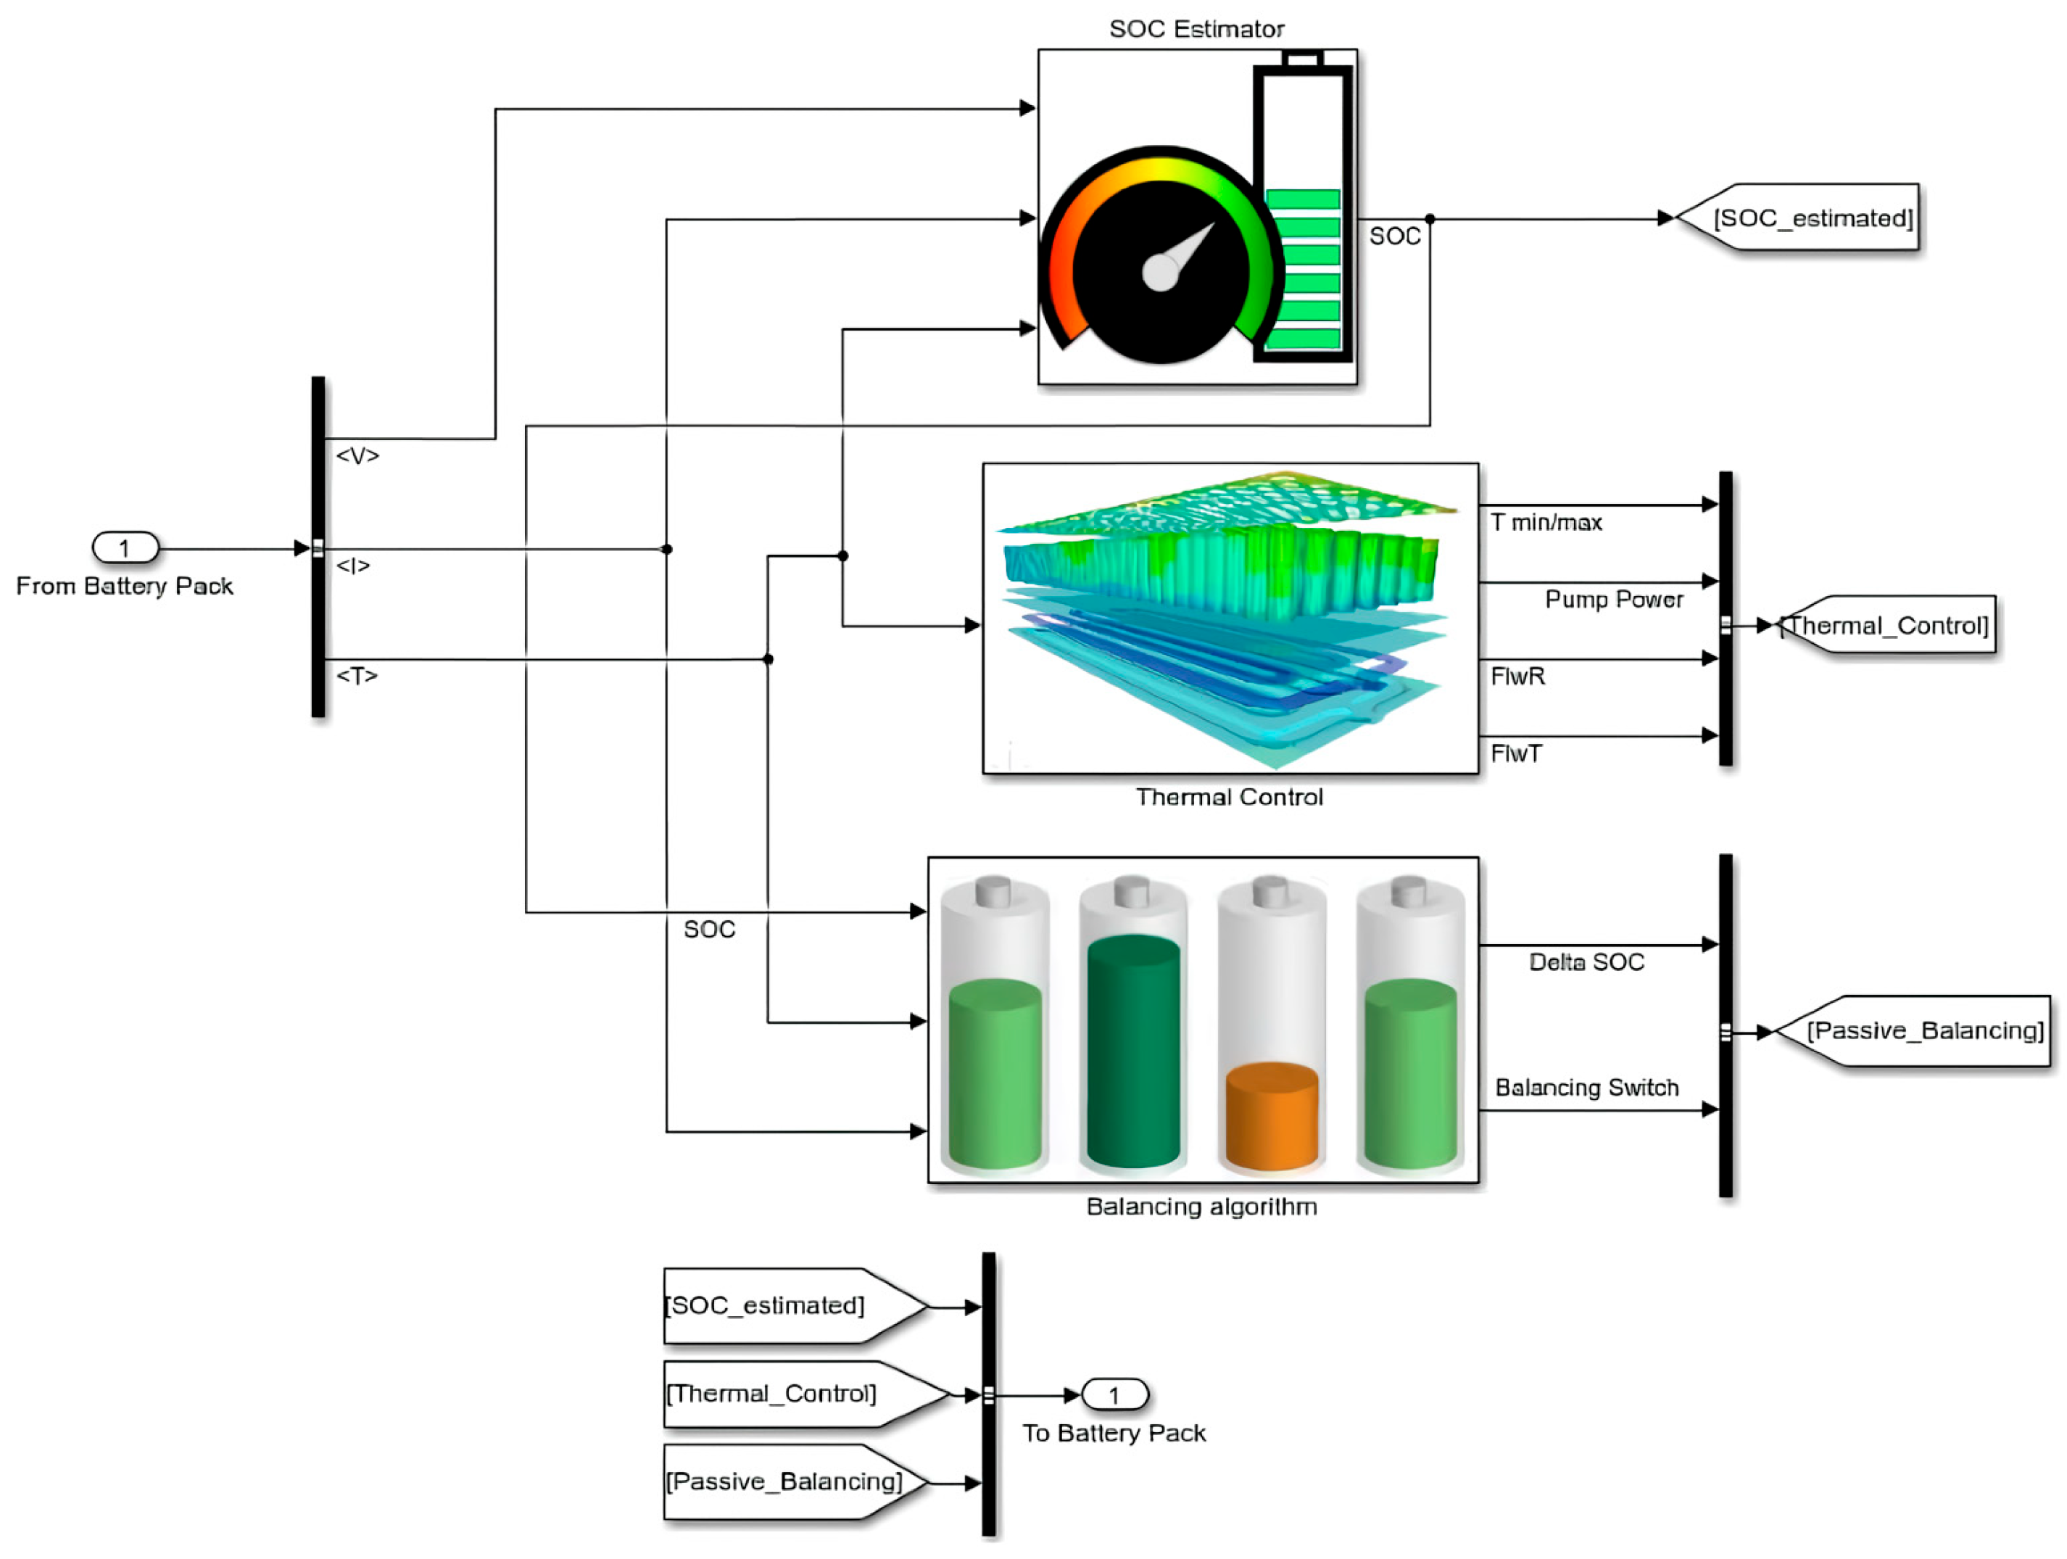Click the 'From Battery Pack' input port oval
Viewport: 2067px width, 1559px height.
pyautogui.click(x=125, y=547)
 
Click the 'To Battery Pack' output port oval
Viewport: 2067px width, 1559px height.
pyautogui.click(x=1114, y=1394)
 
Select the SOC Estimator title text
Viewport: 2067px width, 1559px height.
pyautogui.click(x=1196, y=29)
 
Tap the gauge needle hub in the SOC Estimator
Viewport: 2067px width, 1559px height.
pyautogui.click(x=1161, y=272)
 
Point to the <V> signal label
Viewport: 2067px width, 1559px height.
pyautogui.click(x=357, y=455)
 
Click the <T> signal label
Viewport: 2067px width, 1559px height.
pyautogui.click(x=356, y=675)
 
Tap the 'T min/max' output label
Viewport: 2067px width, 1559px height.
pyautogui.click(x=1546, y=523)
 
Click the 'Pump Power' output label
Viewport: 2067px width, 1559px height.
pyautogui.click(x=1614, y=599)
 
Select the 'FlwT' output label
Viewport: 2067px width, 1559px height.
pyautogui.click(x=1516, y=753)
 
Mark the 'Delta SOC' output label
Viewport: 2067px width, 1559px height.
pyautogui.click(x=1586, y=962)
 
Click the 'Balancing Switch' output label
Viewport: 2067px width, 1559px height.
pyautogui.click(x=1586, y=1087)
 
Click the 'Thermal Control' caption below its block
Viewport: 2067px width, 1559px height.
pyautogui.click(x=1229, y=797)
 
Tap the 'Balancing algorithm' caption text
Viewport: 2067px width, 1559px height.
pyautogui.click(x=1201, y=1207)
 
